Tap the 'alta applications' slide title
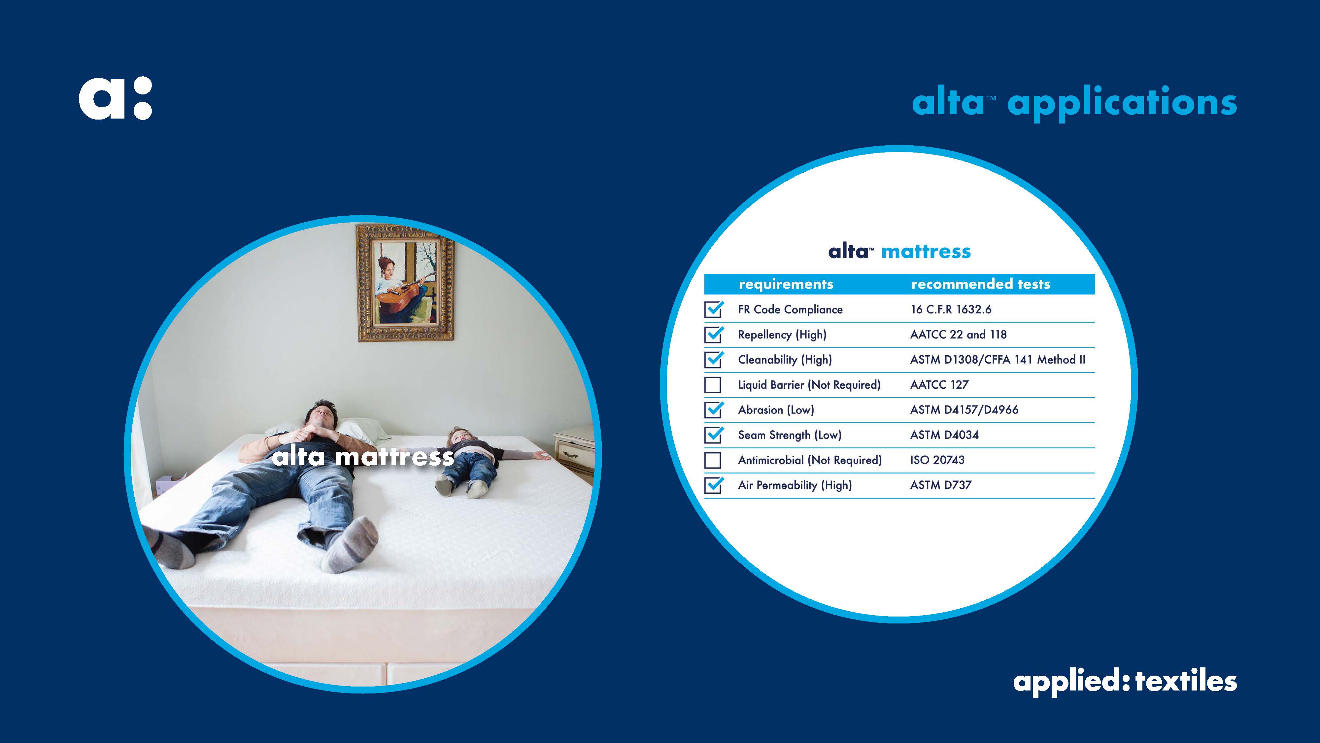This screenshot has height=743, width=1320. click(1074, 103)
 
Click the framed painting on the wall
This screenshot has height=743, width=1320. click(405, 283)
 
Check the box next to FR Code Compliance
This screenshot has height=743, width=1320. click(713, 309)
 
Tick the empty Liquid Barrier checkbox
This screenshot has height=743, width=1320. click(713, 385)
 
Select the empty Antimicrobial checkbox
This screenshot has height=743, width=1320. click(713, 460)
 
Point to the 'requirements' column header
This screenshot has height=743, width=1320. click(786, 284)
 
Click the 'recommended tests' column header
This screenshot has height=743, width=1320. click(980, 284)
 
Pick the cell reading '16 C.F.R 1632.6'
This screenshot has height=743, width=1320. click(951, 309)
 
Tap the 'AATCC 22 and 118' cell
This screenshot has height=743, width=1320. click(958, 334)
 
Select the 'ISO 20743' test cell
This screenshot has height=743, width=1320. click(937, 460)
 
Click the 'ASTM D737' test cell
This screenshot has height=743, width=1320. click(940, 485)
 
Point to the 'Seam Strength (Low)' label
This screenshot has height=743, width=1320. click(790, 435)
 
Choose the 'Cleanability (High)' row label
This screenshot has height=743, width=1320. click(785, 360)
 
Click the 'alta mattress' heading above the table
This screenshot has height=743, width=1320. click(899, 252)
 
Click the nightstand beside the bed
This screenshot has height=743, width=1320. click(574, 451)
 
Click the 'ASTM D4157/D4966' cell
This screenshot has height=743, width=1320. click(964, 410)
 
